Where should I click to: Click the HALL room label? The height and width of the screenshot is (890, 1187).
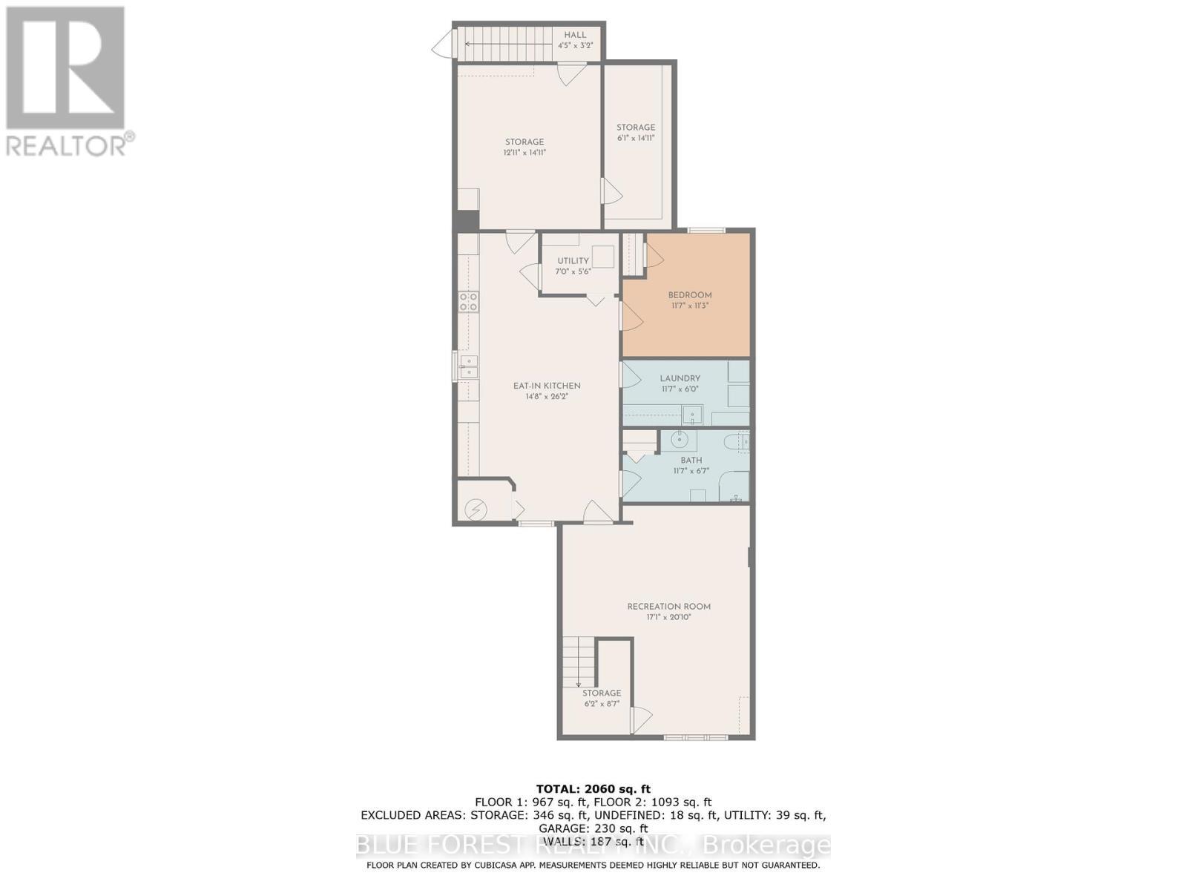(575, 35)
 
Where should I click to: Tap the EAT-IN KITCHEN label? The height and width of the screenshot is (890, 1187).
(547, 386)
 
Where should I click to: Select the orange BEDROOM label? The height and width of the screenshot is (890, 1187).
(689, 294)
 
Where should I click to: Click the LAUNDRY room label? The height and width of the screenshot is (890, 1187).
(680, 378)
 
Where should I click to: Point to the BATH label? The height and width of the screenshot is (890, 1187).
(691, 460)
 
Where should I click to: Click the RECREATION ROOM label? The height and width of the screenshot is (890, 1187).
(668, 606)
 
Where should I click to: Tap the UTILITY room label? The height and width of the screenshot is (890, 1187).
(573, 261)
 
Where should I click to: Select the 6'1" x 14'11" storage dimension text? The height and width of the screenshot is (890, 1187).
(636, 138)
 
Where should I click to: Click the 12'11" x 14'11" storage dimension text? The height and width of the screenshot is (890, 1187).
(525, 153)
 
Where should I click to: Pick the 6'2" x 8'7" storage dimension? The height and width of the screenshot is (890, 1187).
(601, 704)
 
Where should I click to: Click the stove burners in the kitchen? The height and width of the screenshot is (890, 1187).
(468, 301)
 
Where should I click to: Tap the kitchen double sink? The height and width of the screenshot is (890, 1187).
(468, 366)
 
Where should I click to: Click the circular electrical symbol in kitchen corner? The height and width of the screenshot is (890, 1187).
(475, 510)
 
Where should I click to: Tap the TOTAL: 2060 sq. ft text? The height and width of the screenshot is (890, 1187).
(593, 788)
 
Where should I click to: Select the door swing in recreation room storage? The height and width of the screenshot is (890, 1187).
(641, 718)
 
